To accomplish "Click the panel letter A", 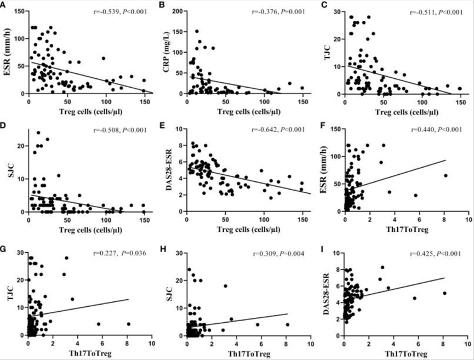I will tap(4, 5).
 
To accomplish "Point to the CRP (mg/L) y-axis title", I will tap(165, 52).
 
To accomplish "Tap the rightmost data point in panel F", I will tap(446, 176).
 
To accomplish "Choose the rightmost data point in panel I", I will tap(446, 293).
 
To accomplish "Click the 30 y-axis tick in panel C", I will tap(335, 11).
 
